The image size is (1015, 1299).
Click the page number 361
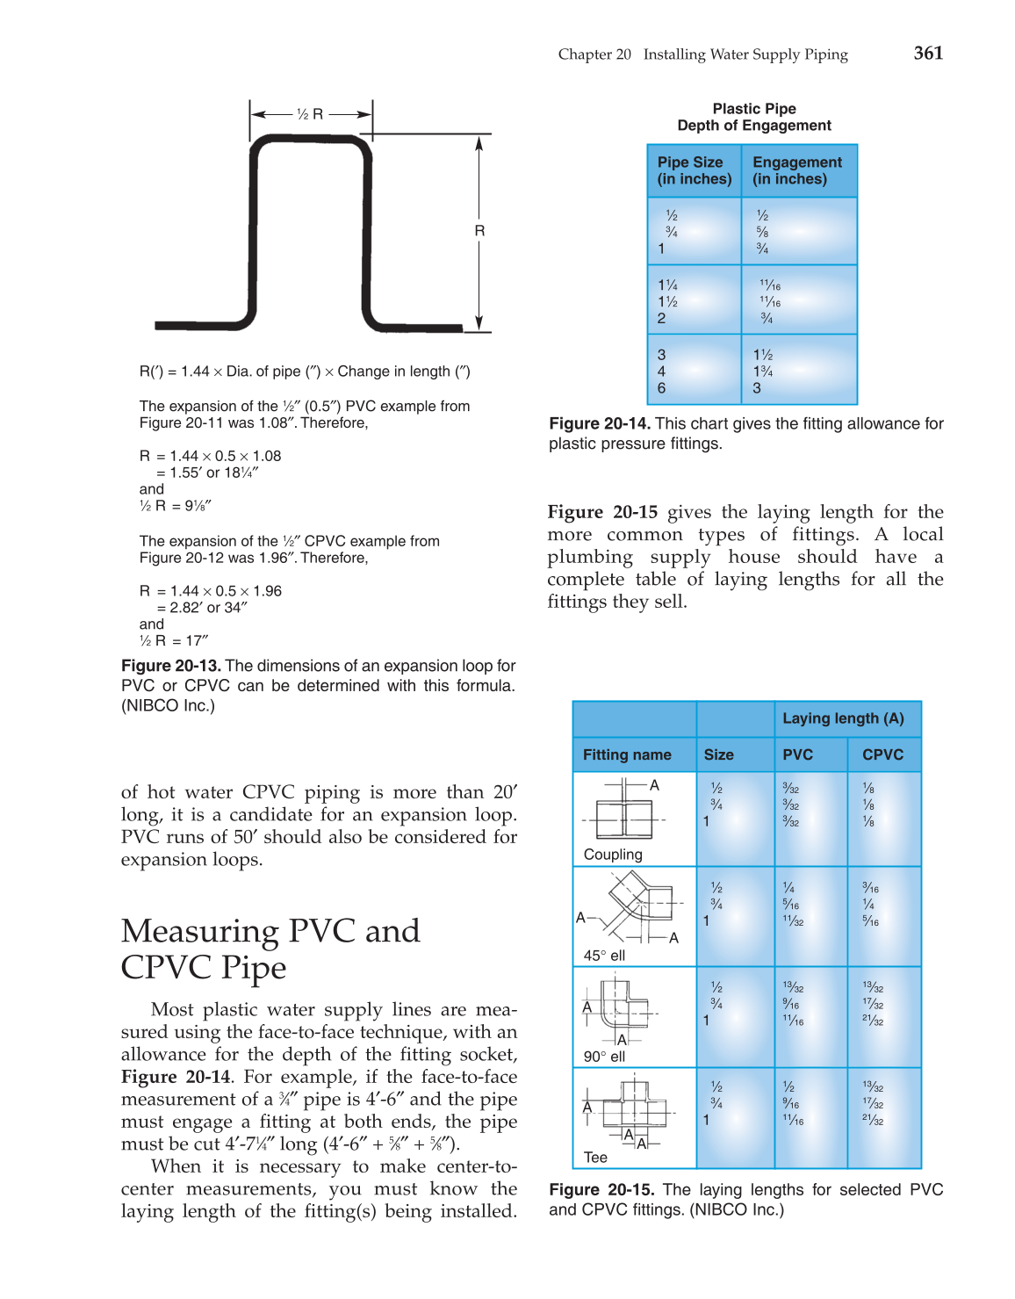928,53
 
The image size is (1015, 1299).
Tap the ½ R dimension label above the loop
310,114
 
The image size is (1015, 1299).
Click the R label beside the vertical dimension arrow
479,231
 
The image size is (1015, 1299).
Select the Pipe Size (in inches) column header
694,170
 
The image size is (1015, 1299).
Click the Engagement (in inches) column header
797,170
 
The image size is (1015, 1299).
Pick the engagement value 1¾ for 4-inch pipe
762,372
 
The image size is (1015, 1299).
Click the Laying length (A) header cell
843,718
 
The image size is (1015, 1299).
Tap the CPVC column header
882,754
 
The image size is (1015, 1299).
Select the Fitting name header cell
627,754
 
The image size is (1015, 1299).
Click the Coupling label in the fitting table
613,855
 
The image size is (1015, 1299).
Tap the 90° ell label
604,1057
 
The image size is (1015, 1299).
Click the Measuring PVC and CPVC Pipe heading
270,949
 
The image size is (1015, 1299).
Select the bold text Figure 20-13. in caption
171,666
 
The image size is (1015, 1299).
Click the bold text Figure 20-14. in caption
600,423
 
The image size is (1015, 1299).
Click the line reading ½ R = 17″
174,641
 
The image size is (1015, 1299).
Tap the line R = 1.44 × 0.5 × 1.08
211,456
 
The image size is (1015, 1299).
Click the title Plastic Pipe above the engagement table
754,109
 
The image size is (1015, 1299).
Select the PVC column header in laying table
797,754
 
